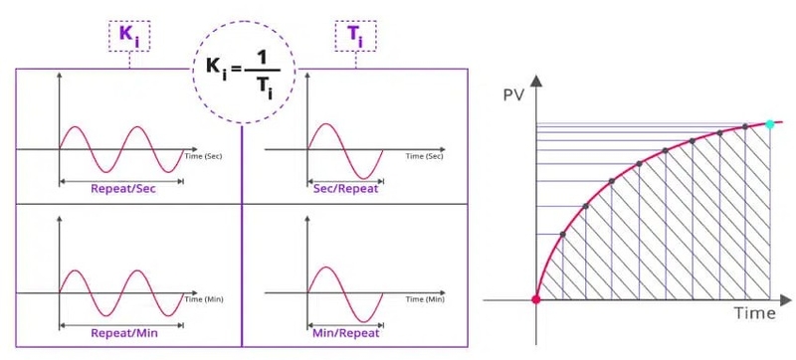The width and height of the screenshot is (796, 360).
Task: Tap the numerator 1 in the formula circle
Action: coord(262,59)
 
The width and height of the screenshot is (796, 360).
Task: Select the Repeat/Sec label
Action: coord(122,188)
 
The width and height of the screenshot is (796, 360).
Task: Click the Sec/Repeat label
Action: coord(347,188)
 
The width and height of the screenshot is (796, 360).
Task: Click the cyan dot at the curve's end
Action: coord(770,124)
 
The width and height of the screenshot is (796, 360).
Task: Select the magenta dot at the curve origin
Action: coord(537,298)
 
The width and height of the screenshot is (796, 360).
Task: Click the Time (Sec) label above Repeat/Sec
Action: coord(203,156)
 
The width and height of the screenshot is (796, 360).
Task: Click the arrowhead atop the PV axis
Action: coord(537,82)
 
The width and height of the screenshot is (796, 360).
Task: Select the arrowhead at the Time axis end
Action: coord(787,298)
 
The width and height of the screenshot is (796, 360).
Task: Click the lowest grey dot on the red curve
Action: coord(563,235)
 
